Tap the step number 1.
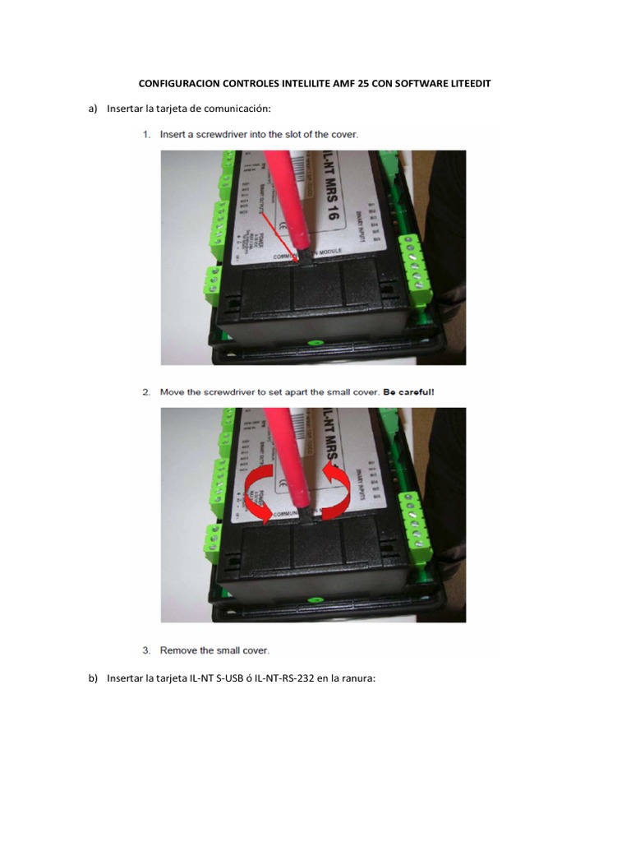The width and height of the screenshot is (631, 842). [x=145, y=134]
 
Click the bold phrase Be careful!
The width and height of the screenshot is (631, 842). [x=408, y=392]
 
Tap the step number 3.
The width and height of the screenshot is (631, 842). [x=145, y=650]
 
